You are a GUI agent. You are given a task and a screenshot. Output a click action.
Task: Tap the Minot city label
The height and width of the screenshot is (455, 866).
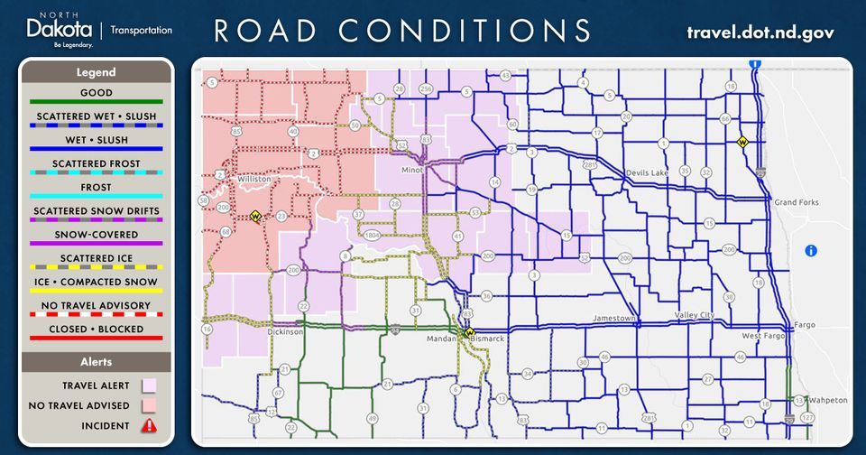(412, 170)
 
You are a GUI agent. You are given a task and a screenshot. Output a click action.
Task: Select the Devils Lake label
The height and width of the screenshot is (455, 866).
(644, 172)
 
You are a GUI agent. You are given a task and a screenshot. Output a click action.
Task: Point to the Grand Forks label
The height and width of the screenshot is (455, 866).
(796, 202)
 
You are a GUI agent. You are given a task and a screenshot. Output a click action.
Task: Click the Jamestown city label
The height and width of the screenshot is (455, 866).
(615, 319)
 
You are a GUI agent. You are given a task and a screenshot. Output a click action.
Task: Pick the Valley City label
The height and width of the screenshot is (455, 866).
(694, 315)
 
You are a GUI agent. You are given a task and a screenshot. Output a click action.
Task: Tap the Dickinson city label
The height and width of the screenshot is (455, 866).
(286, 331)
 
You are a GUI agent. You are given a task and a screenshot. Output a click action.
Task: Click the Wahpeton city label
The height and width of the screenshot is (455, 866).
(829, 400)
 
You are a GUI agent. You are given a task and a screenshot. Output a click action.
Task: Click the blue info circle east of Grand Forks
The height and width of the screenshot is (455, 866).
(810, 250)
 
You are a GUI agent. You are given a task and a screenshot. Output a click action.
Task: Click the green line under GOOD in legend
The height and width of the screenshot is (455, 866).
(97, 101)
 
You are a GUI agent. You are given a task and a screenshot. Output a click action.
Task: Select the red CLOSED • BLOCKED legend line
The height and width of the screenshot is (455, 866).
(97, 338)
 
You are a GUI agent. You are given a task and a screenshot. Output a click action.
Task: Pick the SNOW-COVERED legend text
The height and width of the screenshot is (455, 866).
(97, 235)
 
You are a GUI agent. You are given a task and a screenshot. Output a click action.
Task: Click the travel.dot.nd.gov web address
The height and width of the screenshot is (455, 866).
(760, 32)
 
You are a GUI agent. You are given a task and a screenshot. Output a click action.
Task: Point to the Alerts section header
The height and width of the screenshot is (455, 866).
(97, 361)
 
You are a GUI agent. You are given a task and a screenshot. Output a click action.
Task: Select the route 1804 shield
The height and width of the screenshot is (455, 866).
(371, 235)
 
